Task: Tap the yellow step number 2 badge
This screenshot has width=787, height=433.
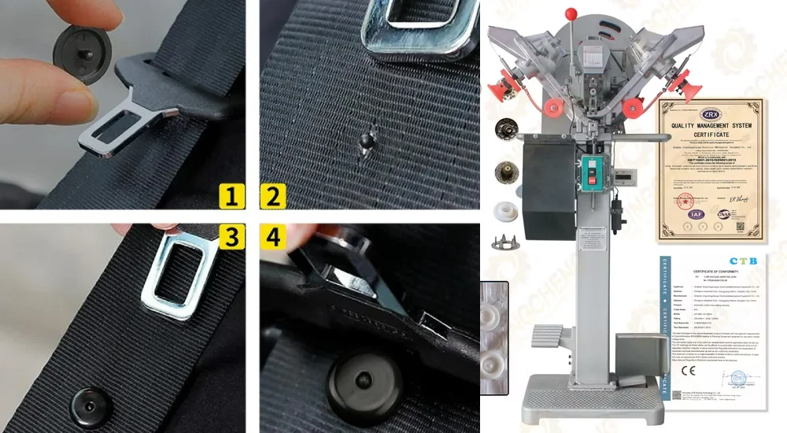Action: point(272,194)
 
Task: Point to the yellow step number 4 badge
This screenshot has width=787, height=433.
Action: point(272,236)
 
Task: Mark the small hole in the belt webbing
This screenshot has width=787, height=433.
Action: point(364,142)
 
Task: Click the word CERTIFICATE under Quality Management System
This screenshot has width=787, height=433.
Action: point(711,135)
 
